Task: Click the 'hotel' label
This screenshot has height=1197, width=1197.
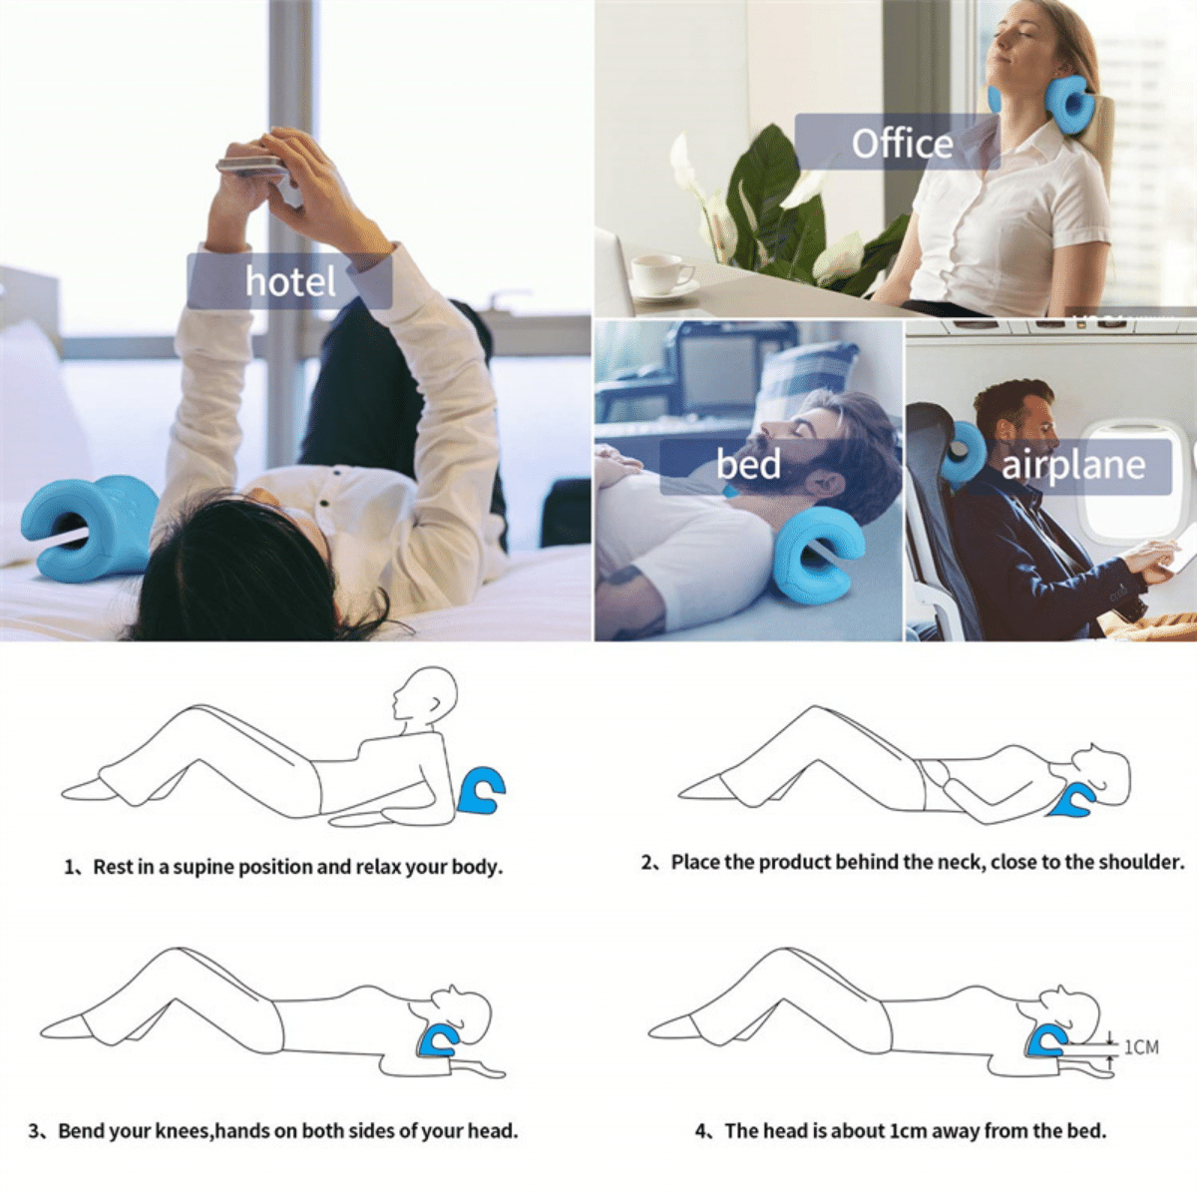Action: coord(289,281)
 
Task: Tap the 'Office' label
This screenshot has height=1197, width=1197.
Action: coord(901,144)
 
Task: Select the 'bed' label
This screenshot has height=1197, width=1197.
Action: coord(748,464)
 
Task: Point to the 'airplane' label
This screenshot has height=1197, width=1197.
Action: coord(1072,465)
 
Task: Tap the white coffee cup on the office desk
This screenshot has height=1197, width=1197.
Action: coord(659,273)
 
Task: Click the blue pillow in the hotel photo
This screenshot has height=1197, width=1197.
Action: coord(90,527)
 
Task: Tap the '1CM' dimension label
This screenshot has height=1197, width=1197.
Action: coord(1141,1047)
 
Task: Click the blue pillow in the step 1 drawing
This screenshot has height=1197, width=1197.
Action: coord(482,790)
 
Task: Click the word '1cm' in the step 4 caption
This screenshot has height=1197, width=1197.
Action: coord(908,1131)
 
